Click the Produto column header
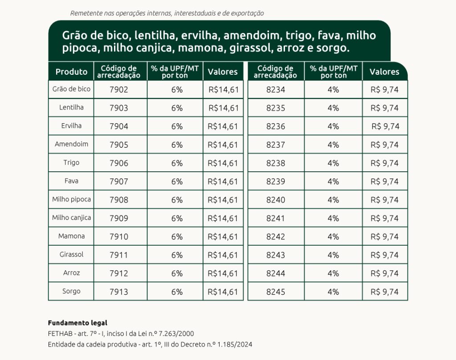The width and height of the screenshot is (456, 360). (x=71, y=72)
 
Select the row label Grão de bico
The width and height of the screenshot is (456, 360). (x=71, y=89)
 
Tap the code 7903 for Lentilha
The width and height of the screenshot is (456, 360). (x=119, y=108)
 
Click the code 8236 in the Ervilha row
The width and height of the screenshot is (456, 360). (x=276, y=126)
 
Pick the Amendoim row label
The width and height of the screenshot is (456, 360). (x=71, y=144)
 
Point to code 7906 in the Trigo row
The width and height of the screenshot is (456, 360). (x=119, y=163)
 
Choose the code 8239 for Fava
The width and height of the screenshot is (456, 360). (x=276, y=182)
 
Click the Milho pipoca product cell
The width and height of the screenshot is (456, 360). (x=71, y=199)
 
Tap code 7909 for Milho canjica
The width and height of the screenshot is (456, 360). (x=119, y=218)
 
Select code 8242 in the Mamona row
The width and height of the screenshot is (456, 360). (x=276, y=237)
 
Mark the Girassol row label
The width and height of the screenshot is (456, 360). (x=71, y=255)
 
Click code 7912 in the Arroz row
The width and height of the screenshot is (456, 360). (x=119, y=274)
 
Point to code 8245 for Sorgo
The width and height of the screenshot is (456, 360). (x=276, y=292)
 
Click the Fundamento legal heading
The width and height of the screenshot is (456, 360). (x=77, y=323)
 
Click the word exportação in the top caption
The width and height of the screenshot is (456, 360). (x=247, y=13)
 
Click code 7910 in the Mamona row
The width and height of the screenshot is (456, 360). (x=119, y=237)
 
